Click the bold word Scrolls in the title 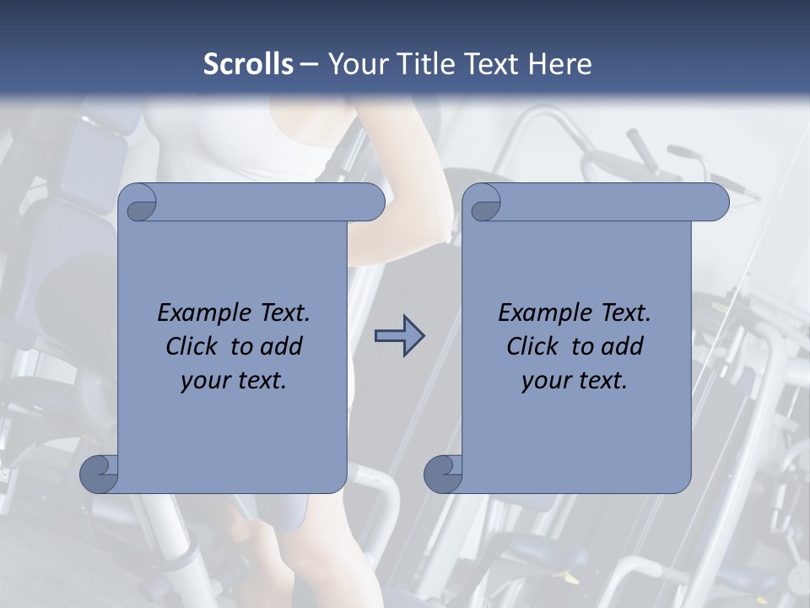(x=248, y=64)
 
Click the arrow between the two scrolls (x=400, y=336)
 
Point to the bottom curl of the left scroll (x=98, y=474)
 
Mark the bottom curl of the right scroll (x=442, y=474)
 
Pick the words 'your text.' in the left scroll (x=234, y=381)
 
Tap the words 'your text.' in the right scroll (x=575, y=381)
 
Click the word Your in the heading (x=357, y=64)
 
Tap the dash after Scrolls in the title (x=308, y=64)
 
